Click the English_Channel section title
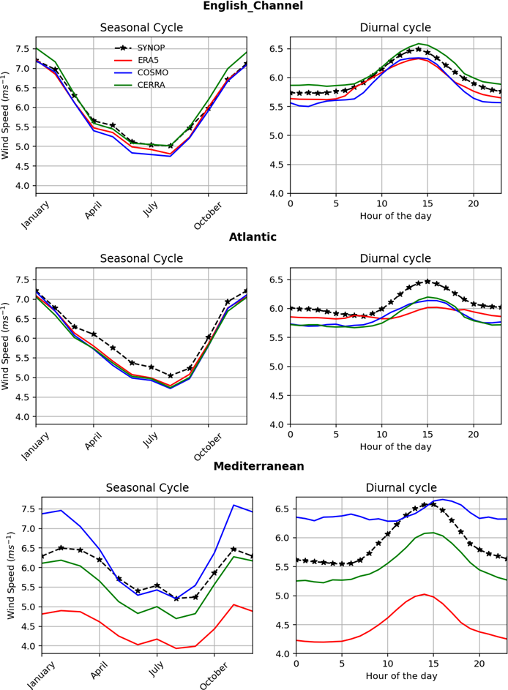point(253,7)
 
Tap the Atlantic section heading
point(253,237)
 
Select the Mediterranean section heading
point(253,465)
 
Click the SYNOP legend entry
point(147,47)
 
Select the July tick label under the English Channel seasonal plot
point(151,211)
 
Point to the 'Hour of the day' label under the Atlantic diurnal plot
point(395,447)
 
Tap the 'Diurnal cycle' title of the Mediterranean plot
point(401,487)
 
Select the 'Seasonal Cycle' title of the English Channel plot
point(141,28)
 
